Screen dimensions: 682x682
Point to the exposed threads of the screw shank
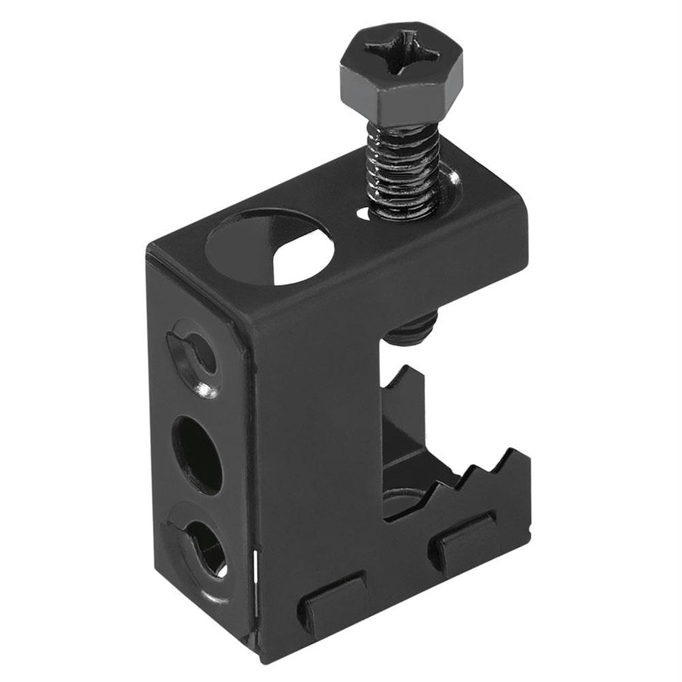pyautogui.click(x=402, y=170)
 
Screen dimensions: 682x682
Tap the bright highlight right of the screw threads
pyautogui.click(x=452, y=181)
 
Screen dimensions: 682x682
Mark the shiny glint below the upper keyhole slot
pyautogui.click(x=205, y=391)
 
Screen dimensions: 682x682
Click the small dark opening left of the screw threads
pyautogui.click(x=365, y=213)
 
